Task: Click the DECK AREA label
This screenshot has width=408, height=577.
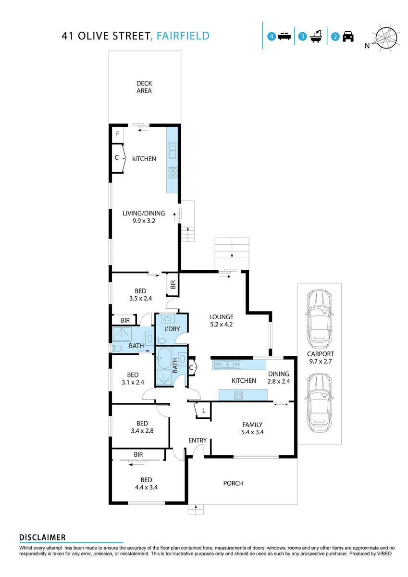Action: [x=144, y=87]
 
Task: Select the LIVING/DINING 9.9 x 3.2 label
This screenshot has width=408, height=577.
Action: [x=143, y=217]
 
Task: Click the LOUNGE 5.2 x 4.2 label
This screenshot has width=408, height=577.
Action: [x=221, y=321]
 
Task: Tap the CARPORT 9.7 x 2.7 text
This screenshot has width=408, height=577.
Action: [x=321, y=357]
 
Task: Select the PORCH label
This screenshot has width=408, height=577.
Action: [x=234, y=483]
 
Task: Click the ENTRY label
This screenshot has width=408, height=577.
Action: [x=198, y=440]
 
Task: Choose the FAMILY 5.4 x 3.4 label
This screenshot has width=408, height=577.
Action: [x=252, y=428]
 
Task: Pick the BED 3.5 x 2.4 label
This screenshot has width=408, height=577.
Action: [x=140, y=294]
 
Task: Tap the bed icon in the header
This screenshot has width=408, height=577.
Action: [x=284, y=37]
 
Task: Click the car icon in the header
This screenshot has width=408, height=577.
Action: [x=348, y=37]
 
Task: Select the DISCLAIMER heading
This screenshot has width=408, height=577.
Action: [x=42, y=537]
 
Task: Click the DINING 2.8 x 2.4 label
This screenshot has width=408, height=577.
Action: [x=278, y=377]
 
